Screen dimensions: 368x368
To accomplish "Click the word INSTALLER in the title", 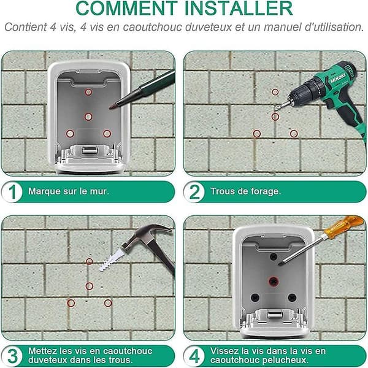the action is [x=239, y=8].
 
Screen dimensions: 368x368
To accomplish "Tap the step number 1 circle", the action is [x=12, y=192].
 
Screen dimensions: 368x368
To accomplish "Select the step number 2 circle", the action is [x=194, y=192].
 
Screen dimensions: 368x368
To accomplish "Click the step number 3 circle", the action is [x=12, y=356].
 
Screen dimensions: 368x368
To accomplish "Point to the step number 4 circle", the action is [x=194, y=356].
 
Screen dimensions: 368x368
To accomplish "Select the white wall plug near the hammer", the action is [x=111, y=260].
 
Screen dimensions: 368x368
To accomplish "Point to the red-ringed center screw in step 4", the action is [x=273, y=281].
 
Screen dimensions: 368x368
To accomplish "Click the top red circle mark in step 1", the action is [x=88, y=92].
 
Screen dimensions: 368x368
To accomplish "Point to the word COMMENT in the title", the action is [x=127, y=8].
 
